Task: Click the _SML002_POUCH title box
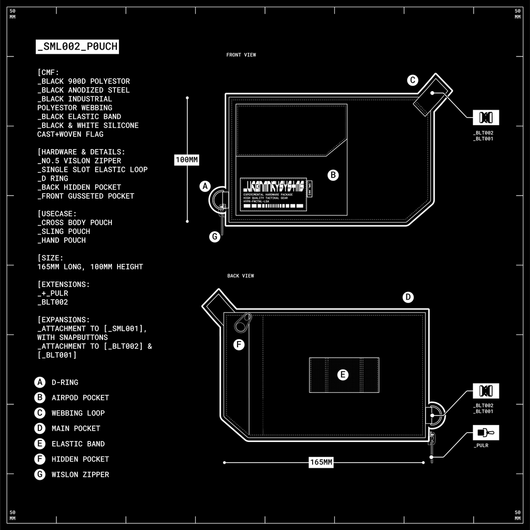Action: click(78, 47)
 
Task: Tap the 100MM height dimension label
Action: click(187, 160)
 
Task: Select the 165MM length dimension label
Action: click(321, 462)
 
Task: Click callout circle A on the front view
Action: click(205, 186)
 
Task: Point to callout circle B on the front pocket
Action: click(333, 175)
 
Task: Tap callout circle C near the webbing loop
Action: click(413, 80)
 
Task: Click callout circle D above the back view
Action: click(408, 297)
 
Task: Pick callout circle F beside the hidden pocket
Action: click(239, 345)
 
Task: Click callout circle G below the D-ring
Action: click(214, 237)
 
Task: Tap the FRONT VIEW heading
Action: click(241, 55)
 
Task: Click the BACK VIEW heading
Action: click(241, 276)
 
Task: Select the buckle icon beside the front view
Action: click(486, 117)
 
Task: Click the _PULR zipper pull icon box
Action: click(486, 432)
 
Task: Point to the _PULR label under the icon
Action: click(481, 445)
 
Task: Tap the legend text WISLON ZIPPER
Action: click(80, 475)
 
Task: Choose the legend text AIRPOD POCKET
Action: click(80, 397)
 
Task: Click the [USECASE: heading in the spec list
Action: click(57, 213)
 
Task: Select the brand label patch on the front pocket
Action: click(273, 194)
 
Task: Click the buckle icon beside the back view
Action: click(486, 391)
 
